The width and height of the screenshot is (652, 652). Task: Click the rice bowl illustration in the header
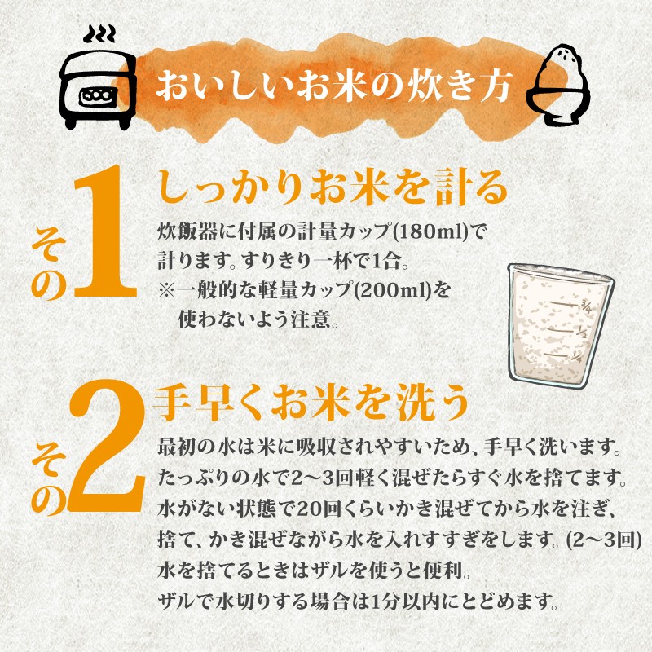coord(558,85)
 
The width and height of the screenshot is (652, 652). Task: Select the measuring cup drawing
coord(560,326)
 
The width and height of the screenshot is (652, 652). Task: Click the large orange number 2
coord(107,446)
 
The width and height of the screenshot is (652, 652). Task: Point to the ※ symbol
coord(167,290)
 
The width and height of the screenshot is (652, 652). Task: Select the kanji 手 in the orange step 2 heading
coord(173,403)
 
